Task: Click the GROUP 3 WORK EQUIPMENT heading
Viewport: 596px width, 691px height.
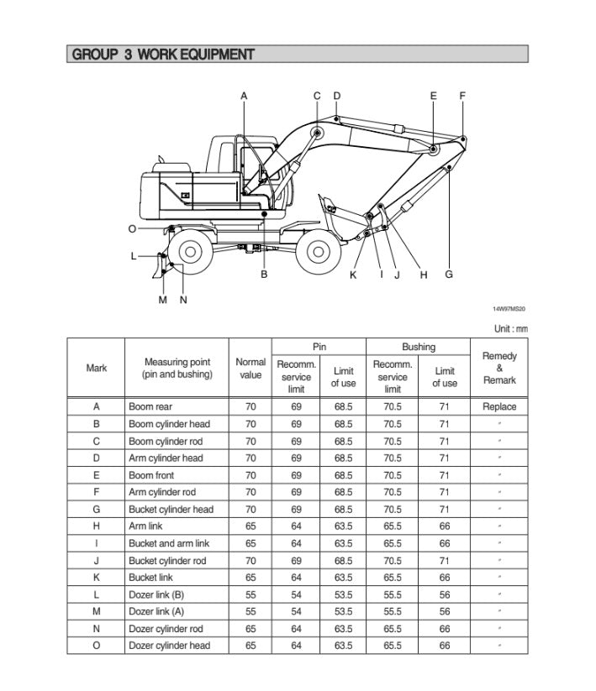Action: [x=163, y=55]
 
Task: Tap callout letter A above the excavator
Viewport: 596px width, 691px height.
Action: [x=244, y=96]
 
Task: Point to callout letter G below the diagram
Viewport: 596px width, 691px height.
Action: [x=449, y=274]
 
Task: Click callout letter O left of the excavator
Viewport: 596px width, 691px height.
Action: [x=132, y=228]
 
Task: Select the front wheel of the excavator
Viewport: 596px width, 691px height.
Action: [x=318, y=250]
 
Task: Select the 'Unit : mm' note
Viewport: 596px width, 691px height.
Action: [x=510, y=328]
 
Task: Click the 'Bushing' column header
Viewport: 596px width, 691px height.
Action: [x=418, y=347]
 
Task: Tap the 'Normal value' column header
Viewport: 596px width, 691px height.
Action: [x=251, y=369]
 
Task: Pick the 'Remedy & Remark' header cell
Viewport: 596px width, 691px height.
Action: [x=499, y=369]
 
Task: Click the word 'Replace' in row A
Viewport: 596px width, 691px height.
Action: [x=499, y=407]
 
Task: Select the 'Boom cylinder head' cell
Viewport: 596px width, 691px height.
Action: [x=169, y=424]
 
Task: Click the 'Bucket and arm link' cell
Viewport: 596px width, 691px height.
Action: [x=169, y=543]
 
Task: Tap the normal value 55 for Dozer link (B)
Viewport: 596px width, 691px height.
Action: [x=251, y=594]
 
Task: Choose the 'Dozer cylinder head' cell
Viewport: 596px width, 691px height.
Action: [x=170, y=646]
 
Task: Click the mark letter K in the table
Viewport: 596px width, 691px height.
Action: [x=97, y=578]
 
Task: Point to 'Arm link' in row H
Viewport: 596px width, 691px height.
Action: [x=146, y=526]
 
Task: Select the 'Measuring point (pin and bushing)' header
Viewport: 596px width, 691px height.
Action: [x=178, y=369]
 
